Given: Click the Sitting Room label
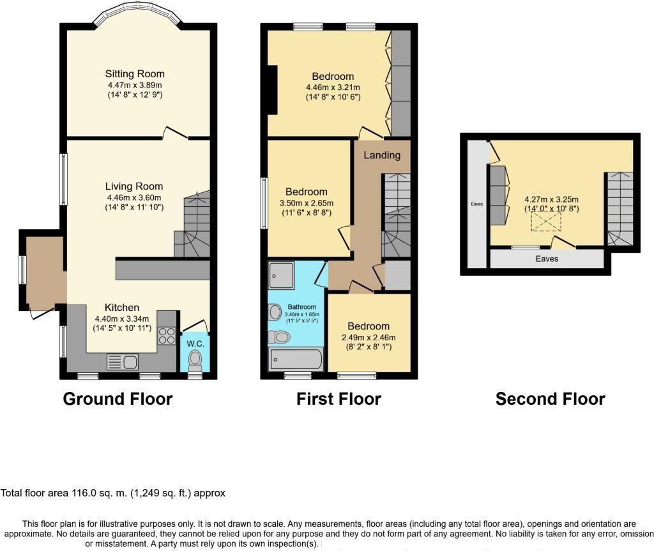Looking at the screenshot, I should (135, 73).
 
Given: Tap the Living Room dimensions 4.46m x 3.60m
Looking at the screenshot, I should (135, 197).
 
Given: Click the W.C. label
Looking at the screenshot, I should (195, 343).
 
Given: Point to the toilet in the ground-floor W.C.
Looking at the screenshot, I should (195, 361).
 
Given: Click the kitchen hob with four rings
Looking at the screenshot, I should (167, 336).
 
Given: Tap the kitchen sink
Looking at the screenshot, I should (123, 361).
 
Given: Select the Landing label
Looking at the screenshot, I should (382, 155).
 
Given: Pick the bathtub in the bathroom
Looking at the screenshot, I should (297, 359).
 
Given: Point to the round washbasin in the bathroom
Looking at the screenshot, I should (276, 312).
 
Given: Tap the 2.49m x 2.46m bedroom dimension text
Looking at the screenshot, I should (369, 338).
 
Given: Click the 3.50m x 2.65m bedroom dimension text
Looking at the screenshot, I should (307, 203).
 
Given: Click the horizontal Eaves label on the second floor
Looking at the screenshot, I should (547, 259).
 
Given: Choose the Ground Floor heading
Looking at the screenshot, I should (118, 399).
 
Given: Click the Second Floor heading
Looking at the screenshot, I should (550, 399).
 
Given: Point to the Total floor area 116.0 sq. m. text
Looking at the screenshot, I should (113, 493).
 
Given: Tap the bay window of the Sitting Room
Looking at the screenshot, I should (138, 15).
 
